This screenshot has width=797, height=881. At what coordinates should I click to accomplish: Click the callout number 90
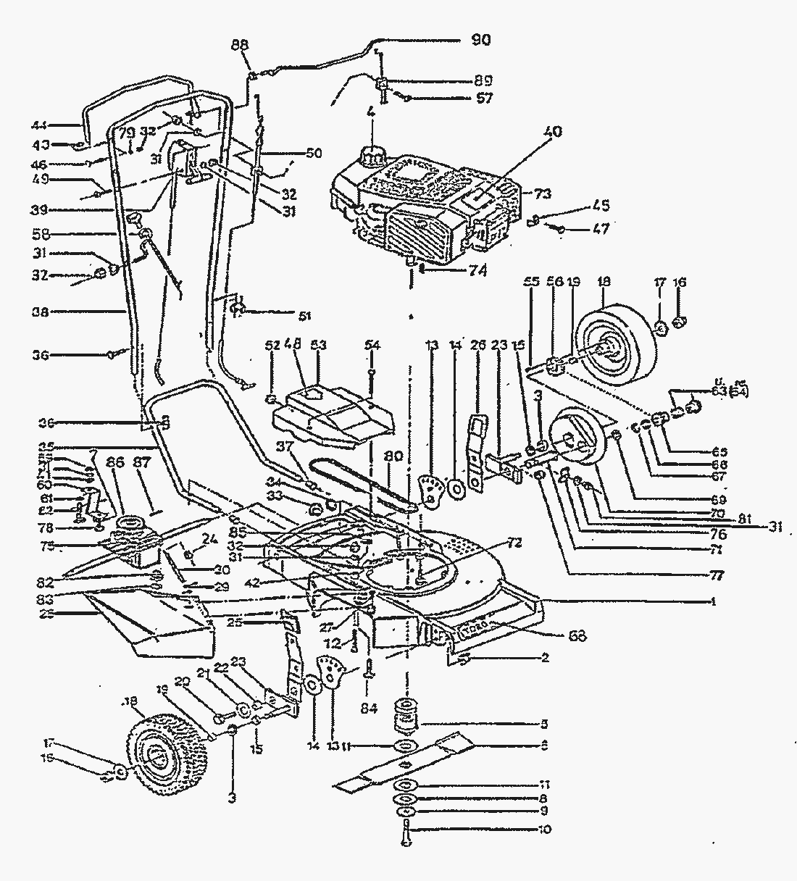pyautogui.click(x=480, y=40)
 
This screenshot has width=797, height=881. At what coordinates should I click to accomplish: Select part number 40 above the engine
pyautogui.click(x=554, y=133)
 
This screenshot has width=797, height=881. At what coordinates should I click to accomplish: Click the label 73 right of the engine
pyautogui.click(x=543, y=194)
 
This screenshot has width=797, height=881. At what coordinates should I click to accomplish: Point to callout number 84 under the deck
pyautogui.click(x=370, y=709)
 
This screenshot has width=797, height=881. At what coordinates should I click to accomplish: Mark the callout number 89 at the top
pyautogui.click(x=483, y=80)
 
